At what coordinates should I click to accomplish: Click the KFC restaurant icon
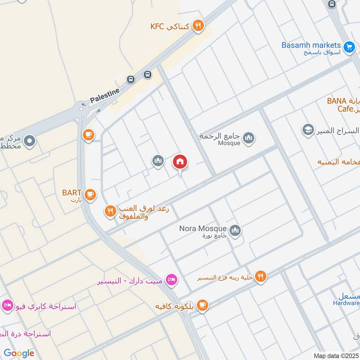(198, 26)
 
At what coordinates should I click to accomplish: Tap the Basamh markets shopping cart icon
(348, 46)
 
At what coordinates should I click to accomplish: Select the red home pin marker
(180, 162)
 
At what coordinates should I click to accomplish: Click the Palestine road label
(105, 95)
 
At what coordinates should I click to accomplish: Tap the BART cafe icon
(90, 194)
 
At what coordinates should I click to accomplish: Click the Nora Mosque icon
(235, 231)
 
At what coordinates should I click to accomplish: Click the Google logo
(19, 353)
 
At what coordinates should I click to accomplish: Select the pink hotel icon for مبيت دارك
(171, 280)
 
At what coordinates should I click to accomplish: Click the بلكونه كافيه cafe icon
(202, 306)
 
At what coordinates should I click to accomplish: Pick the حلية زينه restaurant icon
(261, 276)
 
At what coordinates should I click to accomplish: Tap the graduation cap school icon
(308, 130)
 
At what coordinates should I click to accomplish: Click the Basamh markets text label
(311, 45)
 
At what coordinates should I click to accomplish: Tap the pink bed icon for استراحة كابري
(7, 306)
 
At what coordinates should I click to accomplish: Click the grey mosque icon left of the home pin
(157, 160)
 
